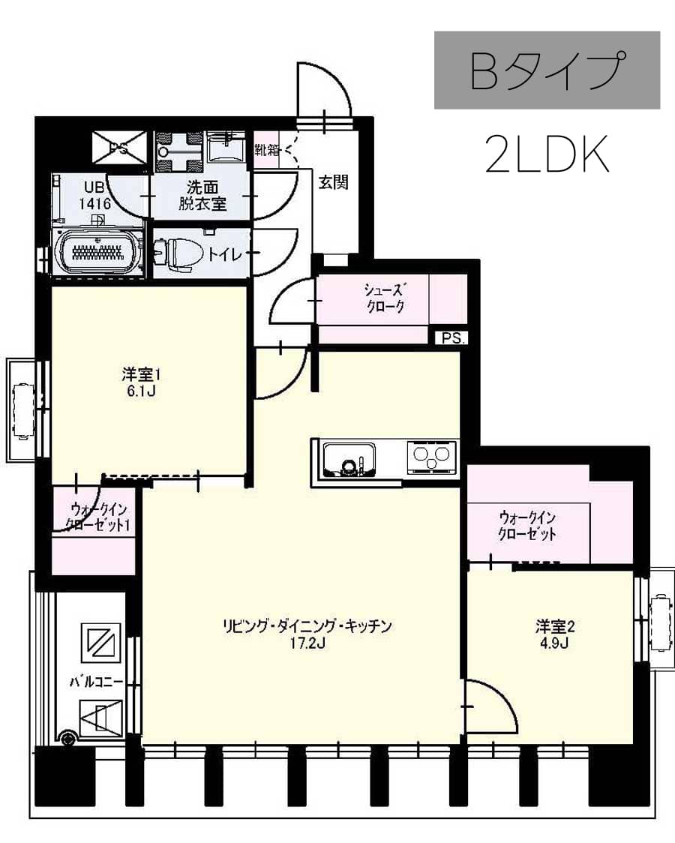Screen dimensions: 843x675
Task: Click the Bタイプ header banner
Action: click(547, 70)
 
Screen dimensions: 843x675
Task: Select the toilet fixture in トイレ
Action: click(174, 252)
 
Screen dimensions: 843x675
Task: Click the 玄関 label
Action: click(332, 182)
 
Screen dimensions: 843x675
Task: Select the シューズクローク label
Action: click(385, 298)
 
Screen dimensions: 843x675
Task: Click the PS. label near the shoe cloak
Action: click(451, 337)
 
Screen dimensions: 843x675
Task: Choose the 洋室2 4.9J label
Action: click(555, 634)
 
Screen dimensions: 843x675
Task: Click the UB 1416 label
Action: click(96, 194)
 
